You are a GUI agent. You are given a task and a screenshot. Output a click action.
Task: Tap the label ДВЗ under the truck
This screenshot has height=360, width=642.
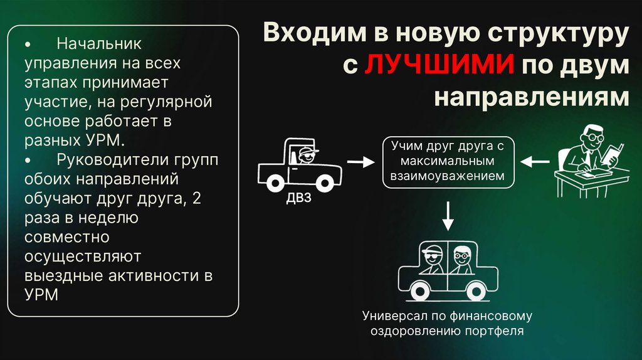pyautogui.click(x=298, y=199)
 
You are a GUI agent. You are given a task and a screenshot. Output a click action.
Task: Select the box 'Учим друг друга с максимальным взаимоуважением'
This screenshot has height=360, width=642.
pyautogui.click(x=448, y=162)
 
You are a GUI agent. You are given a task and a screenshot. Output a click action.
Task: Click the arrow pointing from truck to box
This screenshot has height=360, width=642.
pyautogui.click(x=359, y=162)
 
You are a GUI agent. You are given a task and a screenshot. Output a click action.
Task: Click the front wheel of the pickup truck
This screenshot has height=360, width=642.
pyautogui.click(x=325, y=183)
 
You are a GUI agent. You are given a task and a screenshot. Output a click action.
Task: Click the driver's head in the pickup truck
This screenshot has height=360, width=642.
pyautogui.click(x=305, y=156)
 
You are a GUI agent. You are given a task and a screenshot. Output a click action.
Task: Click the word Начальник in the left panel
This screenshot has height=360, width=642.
pyautogui.click(x=99, y=45)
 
